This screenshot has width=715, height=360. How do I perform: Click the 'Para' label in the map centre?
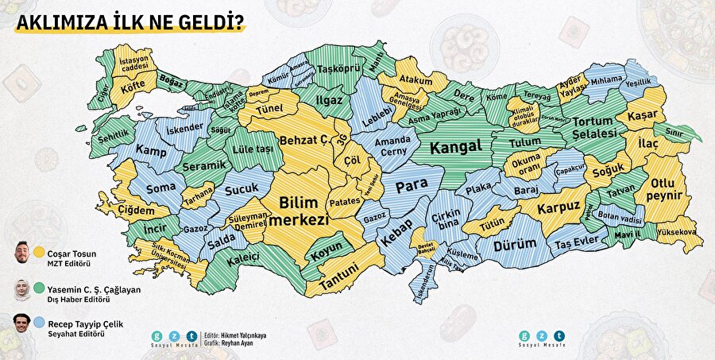[412, 184]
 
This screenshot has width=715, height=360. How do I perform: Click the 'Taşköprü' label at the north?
[334, 69]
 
